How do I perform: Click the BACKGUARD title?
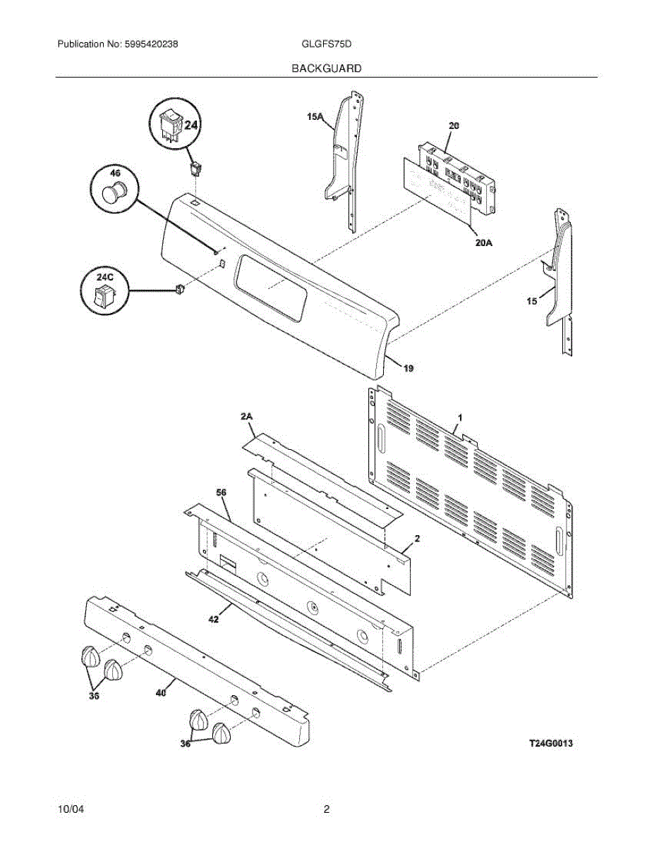[326, 68]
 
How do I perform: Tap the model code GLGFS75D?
[326, 44]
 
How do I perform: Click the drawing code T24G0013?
[551, 743]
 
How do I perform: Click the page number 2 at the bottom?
[327, 810]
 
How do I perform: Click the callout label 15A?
[315, 118]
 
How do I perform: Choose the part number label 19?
[408, 368]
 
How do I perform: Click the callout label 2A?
[246, 417]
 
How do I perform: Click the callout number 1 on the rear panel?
[459, 418]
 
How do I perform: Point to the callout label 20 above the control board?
[454, 125]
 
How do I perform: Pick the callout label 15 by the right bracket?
[531, 301]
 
